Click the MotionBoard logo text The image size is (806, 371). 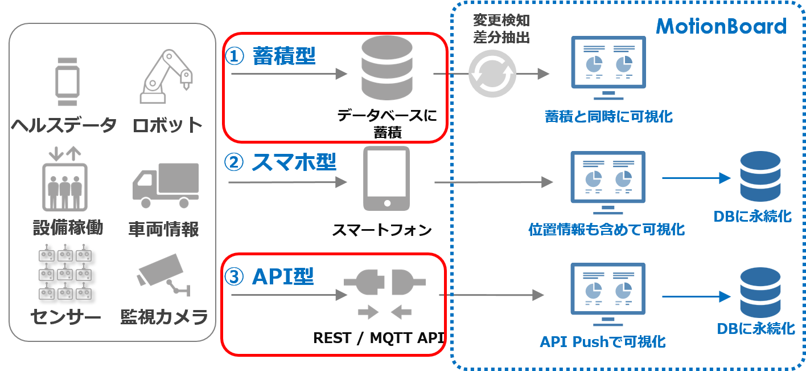point(721,26)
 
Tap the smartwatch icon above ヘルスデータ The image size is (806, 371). point(67,81)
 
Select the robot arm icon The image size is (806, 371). point(166,76)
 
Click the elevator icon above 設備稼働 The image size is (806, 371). point(65,178)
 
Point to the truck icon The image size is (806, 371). point(166,186)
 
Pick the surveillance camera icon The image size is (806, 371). point(164,275)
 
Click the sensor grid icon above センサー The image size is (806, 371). point(65,272)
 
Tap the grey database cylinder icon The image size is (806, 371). point(387,68)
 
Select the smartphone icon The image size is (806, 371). point(386,178)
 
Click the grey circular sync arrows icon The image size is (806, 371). point(492,74)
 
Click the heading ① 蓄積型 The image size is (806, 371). point(270,56)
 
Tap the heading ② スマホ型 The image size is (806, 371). point(280,162)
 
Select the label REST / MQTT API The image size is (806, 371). point(379,338)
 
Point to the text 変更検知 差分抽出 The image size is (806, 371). point(501,29)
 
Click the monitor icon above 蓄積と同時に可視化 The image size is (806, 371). point(608,68)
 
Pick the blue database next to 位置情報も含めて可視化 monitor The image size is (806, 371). point(760,177)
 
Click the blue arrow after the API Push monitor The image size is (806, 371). point(697,296)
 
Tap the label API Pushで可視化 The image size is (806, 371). point(603,342)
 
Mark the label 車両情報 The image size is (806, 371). point(164,229)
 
